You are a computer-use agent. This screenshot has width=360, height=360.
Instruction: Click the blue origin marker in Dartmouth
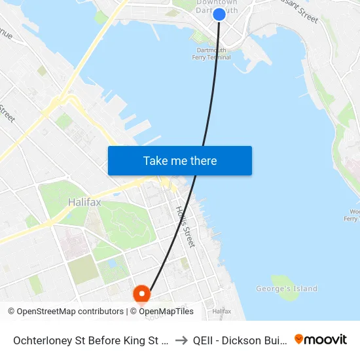(219, 14)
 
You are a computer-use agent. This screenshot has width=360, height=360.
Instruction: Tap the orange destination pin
(141, 294)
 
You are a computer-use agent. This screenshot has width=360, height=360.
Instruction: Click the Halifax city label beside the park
(84, 202)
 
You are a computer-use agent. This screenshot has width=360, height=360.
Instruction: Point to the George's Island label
(287, 289)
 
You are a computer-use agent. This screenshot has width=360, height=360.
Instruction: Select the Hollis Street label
(185, 226)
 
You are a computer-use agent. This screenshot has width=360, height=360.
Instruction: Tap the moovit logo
(321, 340)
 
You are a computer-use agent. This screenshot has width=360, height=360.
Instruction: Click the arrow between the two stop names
(181, 340)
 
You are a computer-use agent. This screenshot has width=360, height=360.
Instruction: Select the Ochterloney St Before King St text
(90, 340)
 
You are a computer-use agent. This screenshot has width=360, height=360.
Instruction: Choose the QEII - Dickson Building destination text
(239, 340)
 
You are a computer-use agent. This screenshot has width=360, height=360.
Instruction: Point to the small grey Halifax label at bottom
(221, 311)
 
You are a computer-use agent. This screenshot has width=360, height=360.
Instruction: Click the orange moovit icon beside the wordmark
(299, 339)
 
